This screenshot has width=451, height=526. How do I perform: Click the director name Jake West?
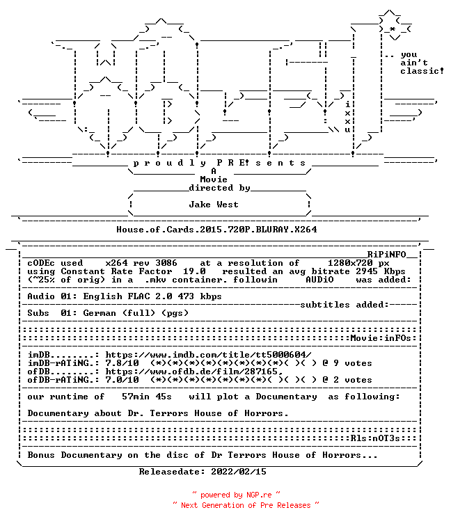coord(214,205)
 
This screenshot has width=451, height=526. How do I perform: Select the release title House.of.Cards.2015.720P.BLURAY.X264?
coord(216,230)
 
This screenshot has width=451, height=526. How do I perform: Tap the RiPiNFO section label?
coord(386,255)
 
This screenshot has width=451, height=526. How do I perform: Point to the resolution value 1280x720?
coord(350,263)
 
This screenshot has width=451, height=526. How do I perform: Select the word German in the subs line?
coord(100,313)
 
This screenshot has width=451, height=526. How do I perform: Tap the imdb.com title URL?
coord(208,355)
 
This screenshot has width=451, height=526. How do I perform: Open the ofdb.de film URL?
coord(194,372)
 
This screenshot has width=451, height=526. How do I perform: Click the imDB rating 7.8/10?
coord(122,363)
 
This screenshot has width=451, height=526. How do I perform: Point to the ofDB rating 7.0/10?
coord(122,380)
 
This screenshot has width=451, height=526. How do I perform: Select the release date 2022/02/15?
coord(239,472)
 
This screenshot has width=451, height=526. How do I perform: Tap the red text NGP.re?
coord(259,495)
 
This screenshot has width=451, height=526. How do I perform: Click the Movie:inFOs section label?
coord(381,338)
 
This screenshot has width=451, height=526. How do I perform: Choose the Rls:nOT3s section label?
coord(375,438)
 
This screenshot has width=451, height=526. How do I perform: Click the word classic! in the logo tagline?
coord(422,71)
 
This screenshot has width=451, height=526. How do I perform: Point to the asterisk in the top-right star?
coord(393,29)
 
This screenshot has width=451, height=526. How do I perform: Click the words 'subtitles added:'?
coord(345,305)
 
